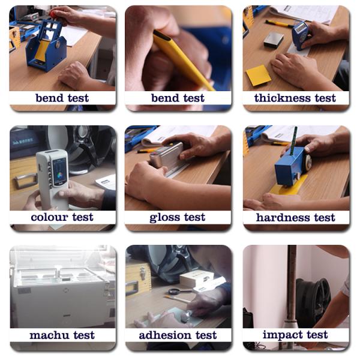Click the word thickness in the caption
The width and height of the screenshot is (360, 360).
283,98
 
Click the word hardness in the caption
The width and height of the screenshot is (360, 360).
283,217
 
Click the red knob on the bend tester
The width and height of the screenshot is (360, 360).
55,14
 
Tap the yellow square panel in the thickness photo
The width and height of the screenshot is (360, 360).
259,76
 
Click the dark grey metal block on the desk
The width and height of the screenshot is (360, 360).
274,40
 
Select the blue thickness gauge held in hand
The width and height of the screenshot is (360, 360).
300,35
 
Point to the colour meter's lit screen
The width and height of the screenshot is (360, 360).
59,172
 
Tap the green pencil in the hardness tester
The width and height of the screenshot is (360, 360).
293,140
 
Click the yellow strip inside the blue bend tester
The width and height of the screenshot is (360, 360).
43,51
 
